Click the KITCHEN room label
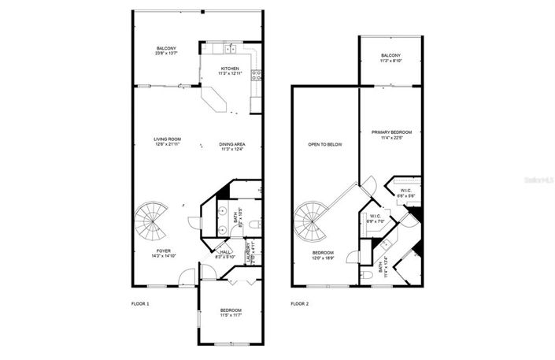click(x=230, y=69)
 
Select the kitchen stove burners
click(x=255, y=76)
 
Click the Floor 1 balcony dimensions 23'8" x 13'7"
click(x=166, y=54)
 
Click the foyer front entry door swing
click(x=186, y=276)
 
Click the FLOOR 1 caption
click(x=140, y=303)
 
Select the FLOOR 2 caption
click(x=299, y=303)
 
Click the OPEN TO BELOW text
click(x=325, y=145)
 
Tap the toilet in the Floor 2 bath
click(x=369, y=275)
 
